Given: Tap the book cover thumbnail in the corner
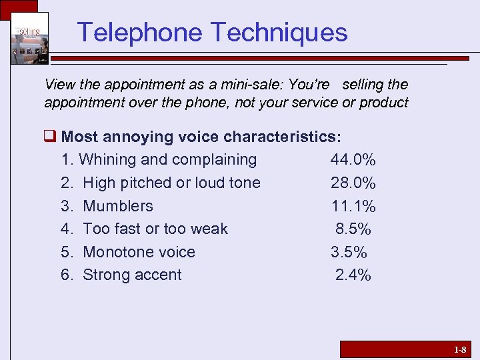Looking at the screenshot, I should [29, 38].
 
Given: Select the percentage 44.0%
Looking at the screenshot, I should [353, 160].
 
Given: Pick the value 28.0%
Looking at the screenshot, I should [353, 183].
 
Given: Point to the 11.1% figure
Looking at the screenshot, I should [353, 206].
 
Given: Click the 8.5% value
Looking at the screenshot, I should [353, 229].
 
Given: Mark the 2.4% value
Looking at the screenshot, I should [353, 275].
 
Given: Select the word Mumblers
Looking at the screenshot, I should [118, 206].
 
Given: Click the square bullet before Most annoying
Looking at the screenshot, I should [50, 137].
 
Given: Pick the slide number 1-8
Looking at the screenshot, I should [460, 349].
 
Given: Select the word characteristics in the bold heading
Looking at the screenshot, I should [281, 137].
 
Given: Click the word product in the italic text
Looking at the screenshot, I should [383, 103].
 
